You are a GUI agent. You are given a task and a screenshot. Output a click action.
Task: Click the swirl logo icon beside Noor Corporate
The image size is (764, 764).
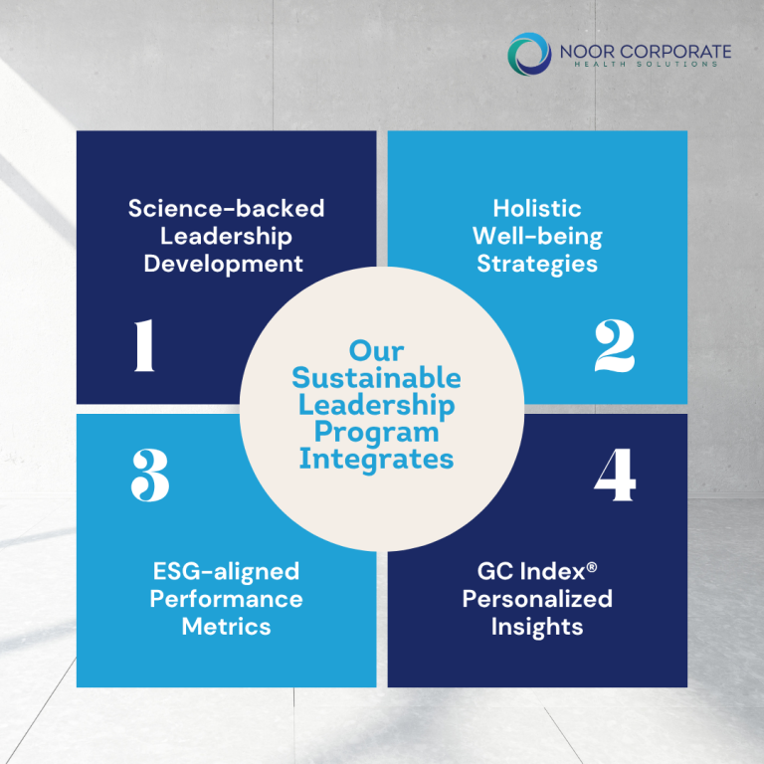tap(529, 54)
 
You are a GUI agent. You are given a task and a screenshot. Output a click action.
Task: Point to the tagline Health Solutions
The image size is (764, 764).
tap(646, 64)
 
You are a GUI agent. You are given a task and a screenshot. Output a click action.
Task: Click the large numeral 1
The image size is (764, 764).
tap(144, 345)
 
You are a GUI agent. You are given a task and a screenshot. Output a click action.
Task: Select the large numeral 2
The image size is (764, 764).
tap(615, 346)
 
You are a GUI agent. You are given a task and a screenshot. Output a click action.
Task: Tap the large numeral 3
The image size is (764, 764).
tap(150, 476)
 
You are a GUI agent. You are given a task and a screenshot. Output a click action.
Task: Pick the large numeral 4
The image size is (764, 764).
tap(615, 475)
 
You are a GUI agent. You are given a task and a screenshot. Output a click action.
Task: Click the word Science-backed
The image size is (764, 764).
tap(226, 209)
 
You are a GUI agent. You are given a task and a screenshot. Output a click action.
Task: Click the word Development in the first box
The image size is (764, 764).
tap(223, 265)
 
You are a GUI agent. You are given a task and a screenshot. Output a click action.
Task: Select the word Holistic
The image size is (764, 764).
tap(537, 209)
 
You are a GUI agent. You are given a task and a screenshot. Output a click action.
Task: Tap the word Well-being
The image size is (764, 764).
tap(537, 237)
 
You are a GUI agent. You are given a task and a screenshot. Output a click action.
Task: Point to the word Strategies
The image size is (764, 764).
tap(537, 265)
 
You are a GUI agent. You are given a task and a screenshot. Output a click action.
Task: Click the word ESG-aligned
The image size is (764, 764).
tap(226, 572)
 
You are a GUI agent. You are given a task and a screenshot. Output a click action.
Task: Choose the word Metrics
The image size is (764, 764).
tap(226, 627)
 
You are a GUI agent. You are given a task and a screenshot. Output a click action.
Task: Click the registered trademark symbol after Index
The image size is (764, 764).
tap(592, 567)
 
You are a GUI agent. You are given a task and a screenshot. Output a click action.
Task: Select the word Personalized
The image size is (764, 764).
tap(537, 599)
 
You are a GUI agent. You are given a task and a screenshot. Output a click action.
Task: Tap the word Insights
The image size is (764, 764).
tap(537, 628)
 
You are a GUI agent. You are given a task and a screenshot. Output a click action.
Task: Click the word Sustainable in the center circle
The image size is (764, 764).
tap(376, 378)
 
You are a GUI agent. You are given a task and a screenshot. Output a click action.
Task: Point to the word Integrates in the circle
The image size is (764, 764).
tap(376, 460)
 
